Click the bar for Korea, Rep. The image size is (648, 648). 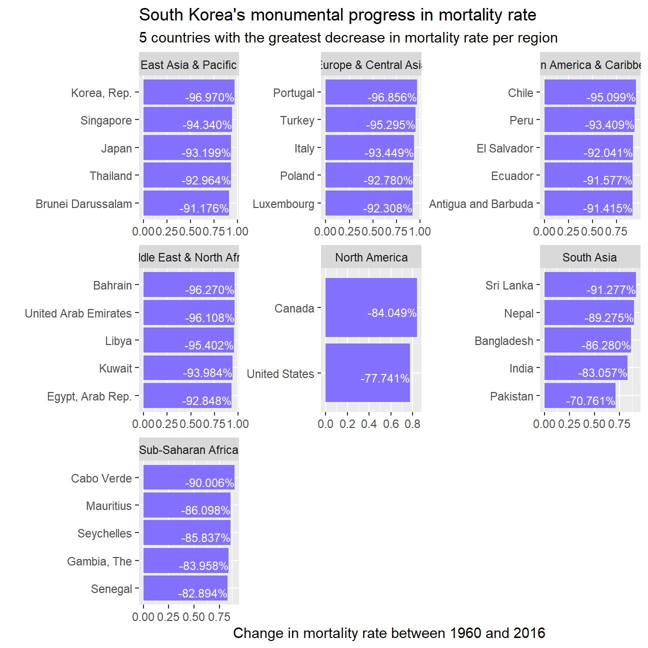tap(188, 92)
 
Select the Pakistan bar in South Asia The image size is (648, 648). tap(579, 395)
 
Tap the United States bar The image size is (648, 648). tap(367, 372)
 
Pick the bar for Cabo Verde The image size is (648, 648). tap(188, 477)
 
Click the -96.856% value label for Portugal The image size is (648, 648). tap(392, 97)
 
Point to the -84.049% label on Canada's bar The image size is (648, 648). tap(392, 313)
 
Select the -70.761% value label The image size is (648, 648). tap(590, 401)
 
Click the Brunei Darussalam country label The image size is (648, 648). tap(84, 204)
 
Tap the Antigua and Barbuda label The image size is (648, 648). tap(481, 204)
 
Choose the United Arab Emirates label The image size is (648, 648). tap(78, 313)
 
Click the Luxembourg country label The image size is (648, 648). tap(283, 204)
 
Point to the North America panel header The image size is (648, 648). tap(371, 257)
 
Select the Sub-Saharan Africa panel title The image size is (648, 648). tap(188, 450)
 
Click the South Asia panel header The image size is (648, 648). tap(589, 257)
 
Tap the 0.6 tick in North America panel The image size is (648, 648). tap(390, 424)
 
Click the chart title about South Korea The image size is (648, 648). tap(337, 15)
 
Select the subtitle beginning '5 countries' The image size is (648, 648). tap(348, 38)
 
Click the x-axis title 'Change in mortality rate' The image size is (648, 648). tap(389, 633)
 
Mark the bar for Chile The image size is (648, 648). tap(590, 92)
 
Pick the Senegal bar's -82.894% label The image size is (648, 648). tap(202, 593)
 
